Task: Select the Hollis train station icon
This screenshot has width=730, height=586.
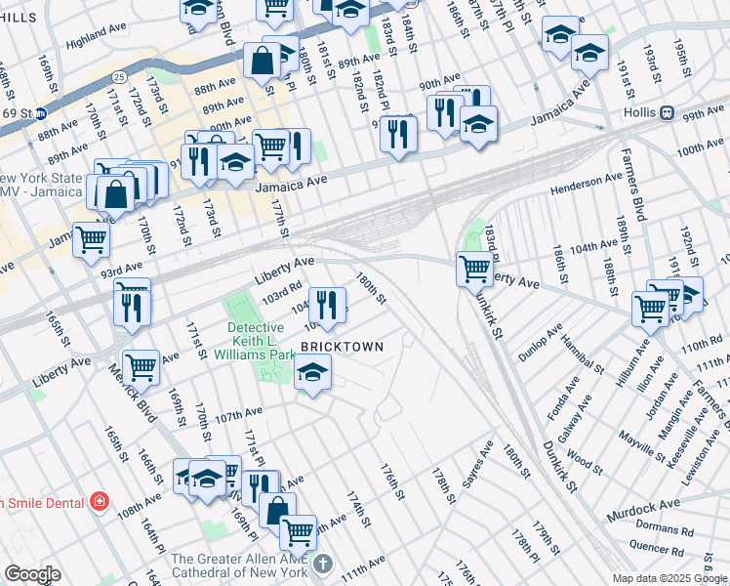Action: [668, 112]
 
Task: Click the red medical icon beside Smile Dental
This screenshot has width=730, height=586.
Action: [99, 502]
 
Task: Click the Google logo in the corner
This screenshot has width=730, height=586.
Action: [32, 574]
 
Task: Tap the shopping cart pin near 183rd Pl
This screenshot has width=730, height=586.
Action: [474, 268]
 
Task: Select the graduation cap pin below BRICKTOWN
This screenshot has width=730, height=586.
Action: [312, 372]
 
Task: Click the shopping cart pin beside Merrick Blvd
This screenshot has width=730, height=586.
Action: [141, 367]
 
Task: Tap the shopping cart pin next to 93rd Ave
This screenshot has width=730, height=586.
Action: [92, 239]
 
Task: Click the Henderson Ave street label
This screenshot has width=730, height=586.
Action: [586, 181]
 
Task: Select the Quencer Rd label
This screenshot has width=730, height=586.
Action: [656, 548]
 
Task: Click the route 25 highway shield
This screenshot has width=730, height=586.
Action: [118, 75]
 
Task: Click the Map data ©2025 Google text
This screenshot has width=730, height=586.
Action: [669, 578]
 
